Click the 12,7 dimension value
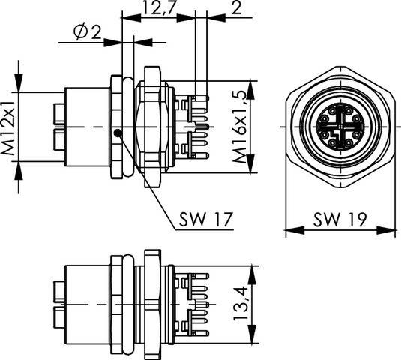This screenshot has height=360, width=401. pos(159,7)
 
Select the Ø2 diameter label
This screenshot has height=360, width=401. pos(87,32)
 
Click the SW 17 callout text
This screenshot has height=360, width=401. pos(206,219)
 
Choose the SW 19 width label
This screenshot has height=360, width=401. pos(340,219)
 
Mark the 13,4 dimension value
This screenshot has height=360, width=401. pos(241,303)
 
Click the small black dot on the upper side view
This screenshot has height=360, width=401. pos(118,133)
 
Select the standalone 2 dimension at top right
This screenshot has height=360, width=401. pos(236,7)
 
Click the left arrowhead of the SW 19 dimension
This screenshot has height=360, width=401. pos(295,230)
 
